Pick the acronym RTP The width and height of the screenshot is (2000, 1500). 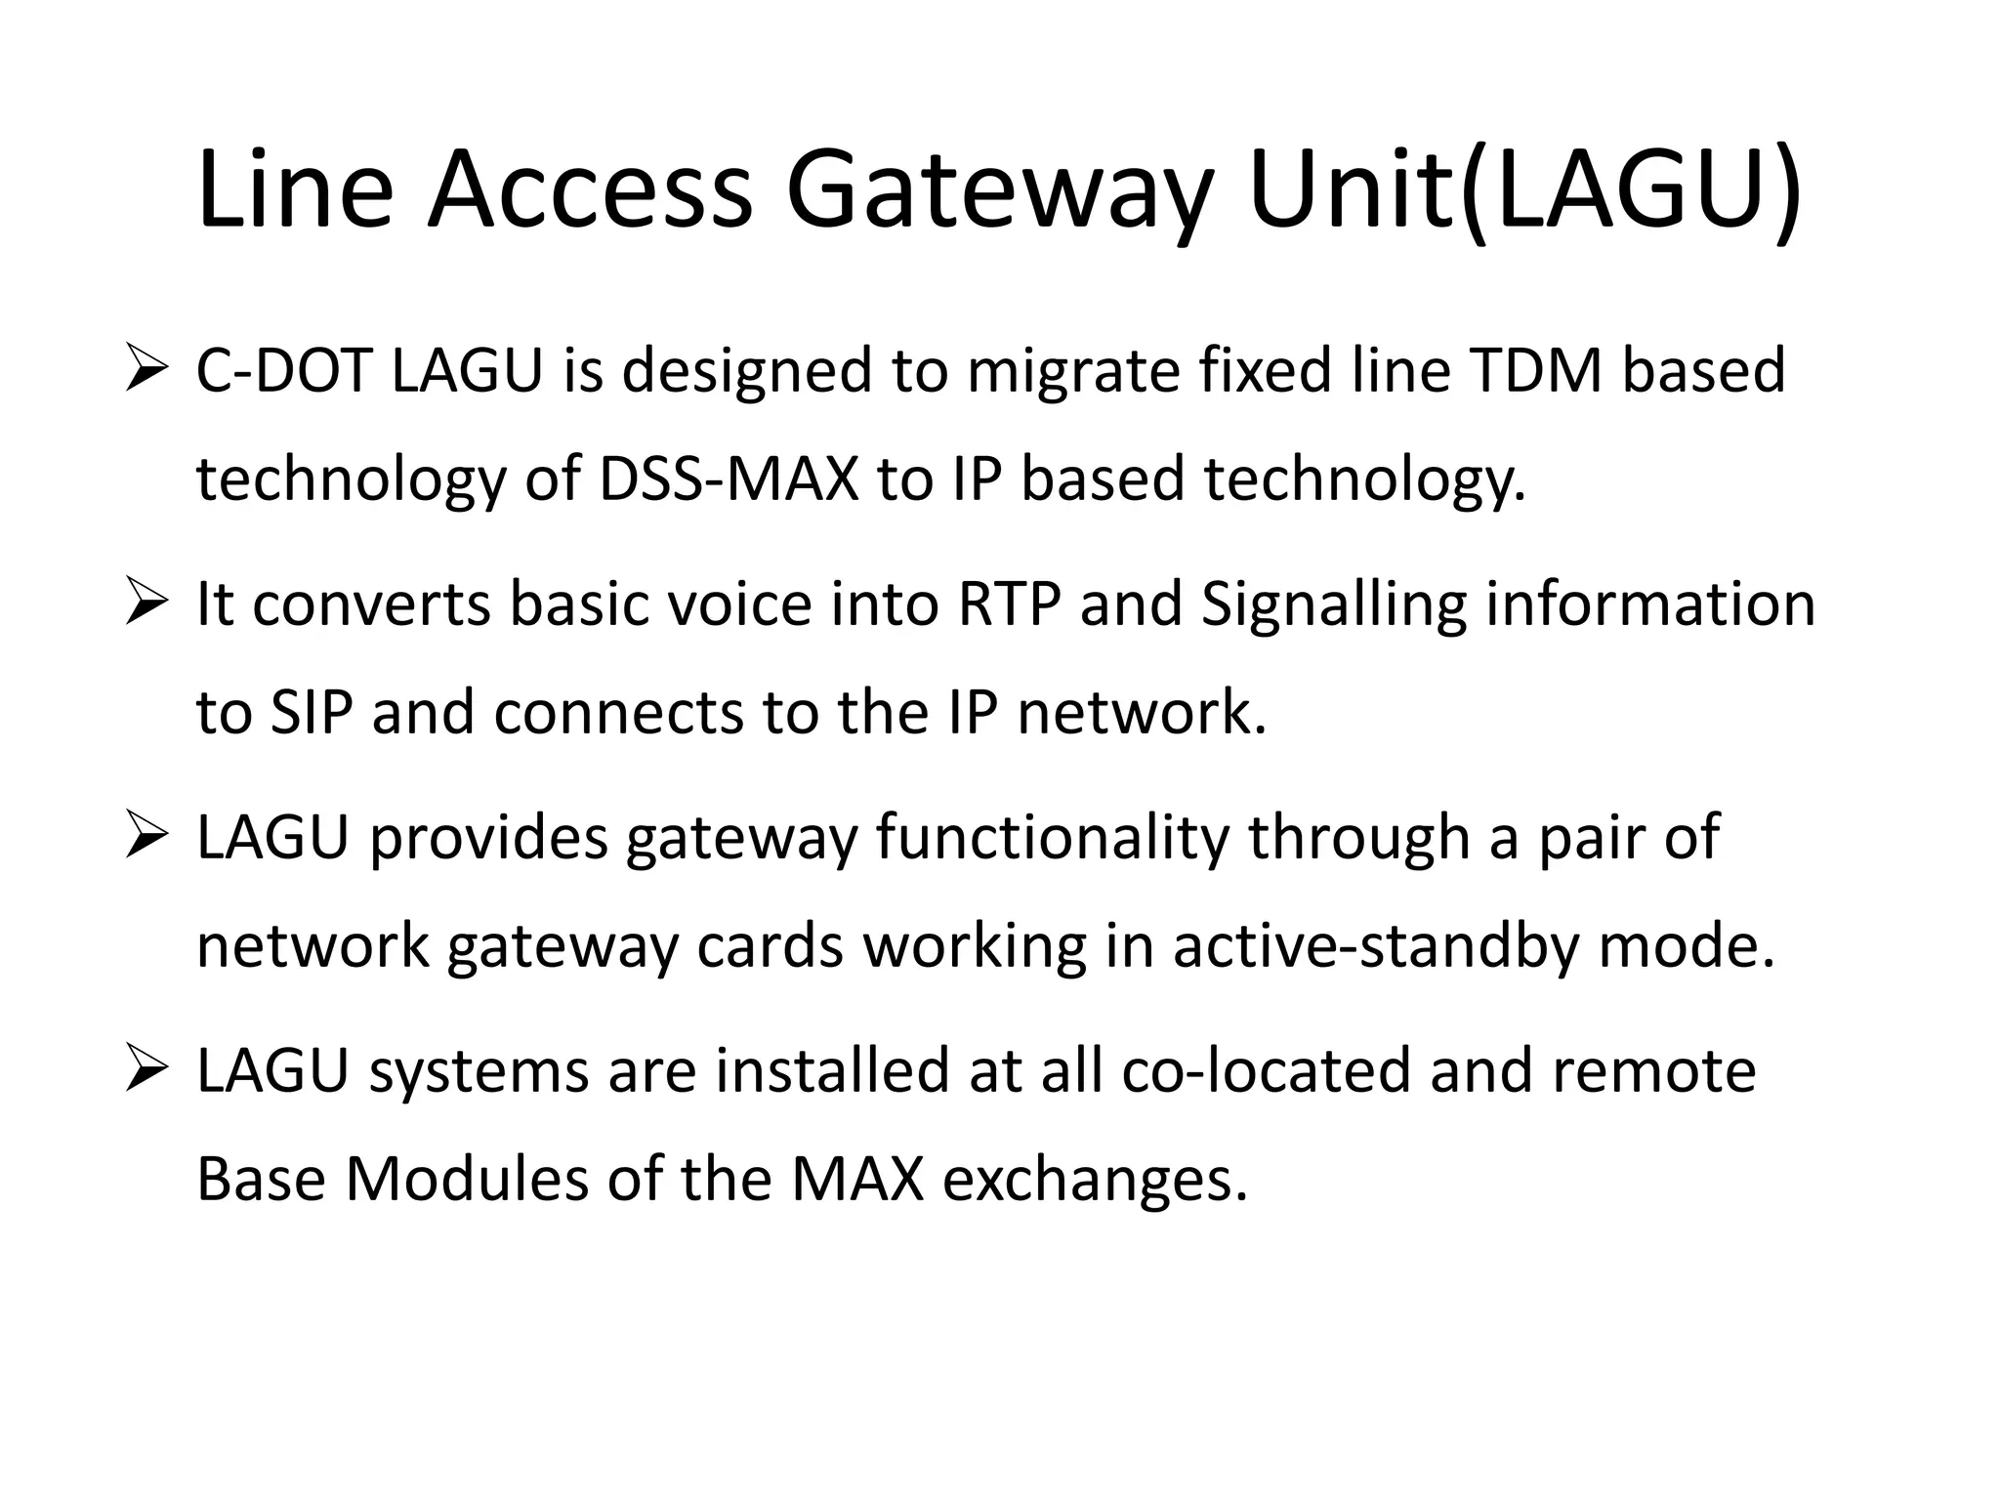click(x=1009, y=604)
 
